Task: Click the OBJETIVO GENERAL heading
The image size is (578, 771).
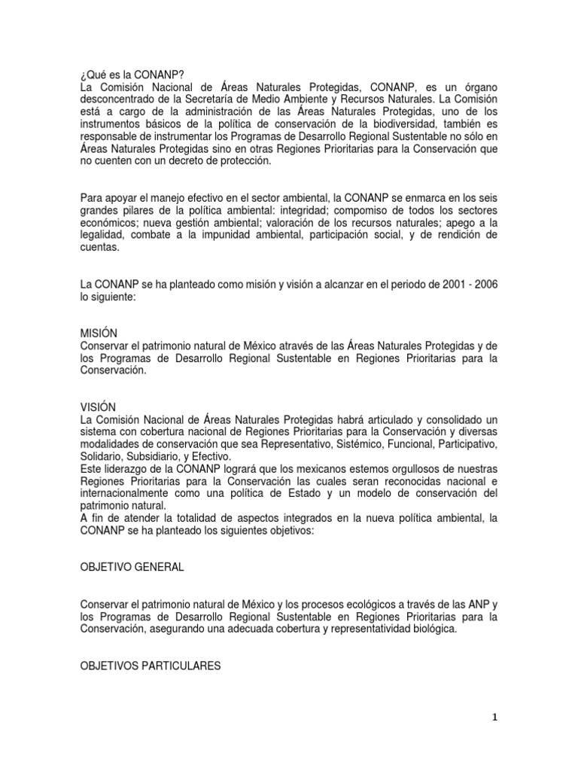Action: pyautogui.click(x=132, y=567)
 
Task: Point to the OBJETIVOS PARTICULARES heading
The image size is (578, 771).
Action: pyautogui.click(x=150, y=666)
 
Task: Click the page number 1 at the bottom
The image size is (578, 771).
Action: pyautogui.click(x=494, y=718)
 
